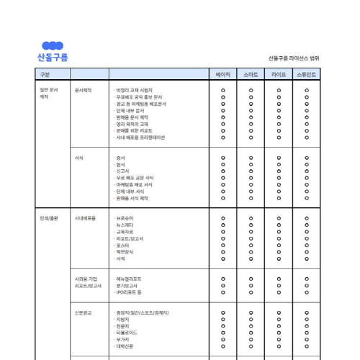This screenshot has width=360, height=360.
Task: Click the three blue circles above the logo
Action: (x=52, y=46)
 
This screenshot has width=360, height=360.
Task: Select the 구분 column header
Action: (x=45, y=74)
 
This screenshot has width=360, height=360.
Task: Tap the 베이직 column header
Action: (x=223, y=74)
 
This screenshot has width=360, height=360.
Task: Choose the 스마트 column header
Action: (x=251, y=74)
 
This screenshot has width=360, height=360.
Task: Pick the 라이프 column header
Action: (x=279, y=74)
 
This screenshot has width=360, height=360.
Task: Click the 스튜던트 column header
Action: (x=307, y=74)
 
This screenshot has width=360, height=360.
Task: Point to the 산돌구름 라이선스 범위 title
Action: (x=294, y=58)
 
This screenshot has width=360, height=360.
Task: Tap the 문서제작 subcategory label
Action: (x=83, y=90)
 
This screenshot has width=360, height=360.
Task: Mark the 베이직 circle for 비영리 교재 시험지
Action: (x=223, y=90)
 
